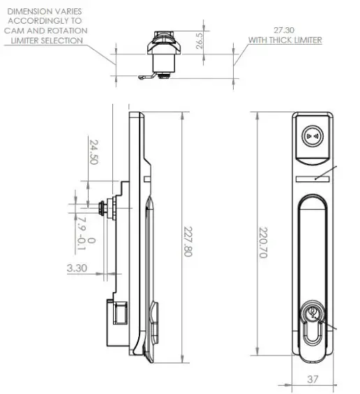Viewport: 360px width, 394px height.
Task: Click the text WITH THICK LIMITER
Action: point(285,40)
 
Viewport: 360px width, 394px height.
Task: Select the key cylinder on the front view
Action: point(312,315)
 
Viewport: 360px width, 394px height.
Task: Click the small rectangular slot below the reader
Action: point(312,179)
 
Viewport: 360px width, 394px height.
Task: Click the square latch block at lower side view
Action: point(117,312)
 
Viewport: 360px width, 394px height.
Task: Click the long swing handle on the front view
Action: point(312,244)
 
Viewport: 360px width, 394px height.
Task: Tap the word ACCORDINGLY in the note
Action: point(45,22)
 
